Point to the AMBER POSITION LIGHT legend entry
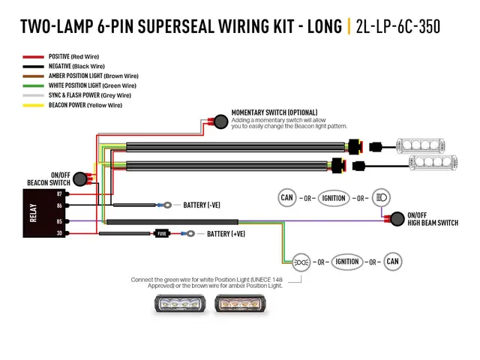tap(82, 76)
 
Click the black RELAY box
tap(41, 213)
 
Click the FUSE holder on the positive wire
tap(160, 233)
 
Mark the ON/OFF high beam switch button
tap(393, 218)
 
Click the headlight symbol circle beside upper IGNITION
tap(381, 198)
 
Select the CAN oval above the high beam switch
tap(286, 198)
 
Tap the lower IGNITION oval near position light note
tap(346, 262)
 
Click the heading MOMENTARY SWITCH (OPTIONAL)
tap(274, 112)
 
